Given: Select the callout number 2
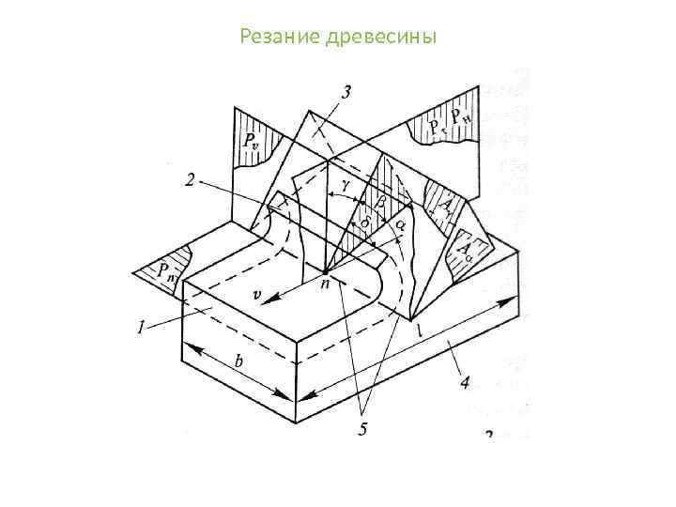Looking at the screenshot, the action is (x=190, y=181).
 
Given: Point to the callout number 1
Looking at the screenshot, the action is (x=140, y=328).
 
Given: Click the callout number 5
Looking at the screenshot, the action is (x=361, y=429).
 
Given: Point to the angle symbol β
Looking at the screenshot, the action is (x=379, y=201).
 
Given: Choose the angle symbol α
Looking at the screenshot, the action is (x=401, y=225).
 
